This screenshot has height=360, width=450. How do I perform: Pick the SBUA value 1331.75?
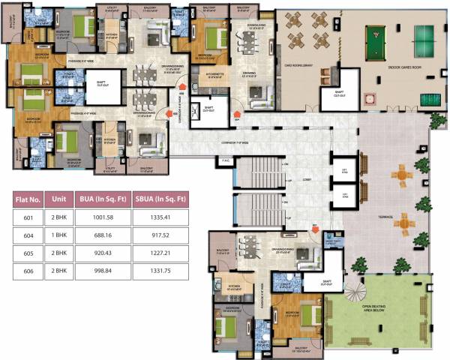pos(158,268)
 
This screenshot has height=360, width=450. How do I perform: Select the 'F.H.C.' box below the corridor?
pos(224,159)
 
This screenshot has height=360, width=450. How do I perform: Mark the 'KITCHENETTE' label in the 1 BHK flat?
pos(202,74)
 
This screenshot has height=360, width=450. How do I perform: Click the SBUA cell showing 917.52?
pos(158,235)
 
